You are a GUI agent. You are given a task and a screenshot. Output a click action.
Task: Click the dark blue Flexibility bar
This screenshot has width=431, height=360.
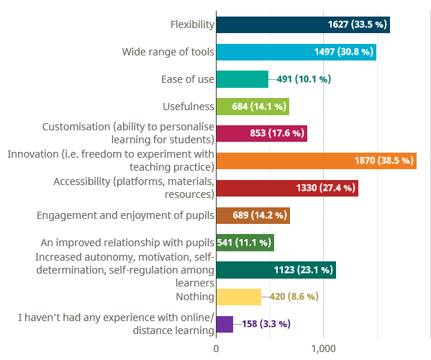303,24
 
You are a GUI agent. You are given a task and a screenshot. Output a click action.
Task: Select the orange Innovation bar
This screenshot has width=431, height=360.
317,161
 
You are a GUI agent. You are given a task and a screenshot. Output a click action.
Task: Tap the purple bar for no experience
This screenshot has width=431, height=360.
224,324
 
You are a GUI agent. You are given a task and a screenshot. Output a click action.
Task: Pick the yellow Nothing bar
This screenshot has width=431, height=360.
239,297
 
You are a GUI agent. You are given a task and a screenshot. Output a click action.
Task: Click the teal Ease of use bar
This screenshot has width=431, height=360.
242,79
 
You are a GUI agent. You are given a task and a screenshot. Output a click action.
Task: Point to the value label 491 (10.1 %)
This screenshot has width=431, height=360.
304,79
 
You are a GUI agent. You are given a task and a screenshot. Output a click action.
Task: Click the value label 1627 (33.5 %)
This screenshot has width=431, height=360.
358,24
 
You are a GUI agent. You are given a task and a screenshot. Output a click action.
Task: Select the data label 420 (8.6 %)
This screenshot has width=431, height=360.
294,297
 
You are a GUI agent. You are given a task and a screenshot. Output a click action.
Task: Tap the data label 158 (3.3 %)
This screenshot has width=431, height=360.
266,324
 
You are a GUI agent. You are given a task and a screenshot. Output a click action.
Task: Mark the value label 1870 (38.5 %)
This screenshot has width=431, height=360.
384,161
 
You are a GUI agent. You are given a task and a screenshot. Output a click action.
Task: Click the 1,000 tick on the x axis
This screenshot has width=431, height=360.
323,348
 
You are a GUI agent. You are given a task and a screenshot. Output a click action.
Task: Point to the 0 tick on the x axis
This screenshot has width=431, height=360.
216,348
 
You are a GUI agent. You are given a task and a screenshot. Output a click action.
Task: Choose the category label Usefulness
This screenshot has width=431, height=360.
189,107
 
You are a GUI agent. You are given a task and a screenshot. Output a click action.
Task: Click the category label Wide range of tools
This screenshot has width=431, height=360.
168,52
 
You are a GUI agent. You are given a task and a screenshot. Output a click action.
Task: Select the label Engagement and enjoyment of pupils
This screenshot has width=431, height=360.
125,215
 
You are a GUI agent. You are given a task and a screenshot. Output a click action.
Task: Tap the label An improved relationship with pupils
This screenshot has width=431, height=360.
127,243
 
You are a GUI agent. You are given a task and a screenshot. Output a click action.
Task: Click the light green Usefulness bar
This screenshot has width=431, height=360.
253,107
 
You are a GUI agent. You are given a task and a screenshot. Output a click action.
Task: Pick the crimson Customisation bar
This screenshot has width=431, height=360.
262,134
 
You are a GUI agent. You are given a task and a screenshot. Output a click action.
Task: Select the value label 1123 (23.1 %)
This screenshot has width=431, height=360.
304,270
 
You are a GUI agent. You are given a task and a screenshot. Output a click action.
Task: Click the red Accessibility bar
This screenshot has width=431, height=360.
287,189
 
